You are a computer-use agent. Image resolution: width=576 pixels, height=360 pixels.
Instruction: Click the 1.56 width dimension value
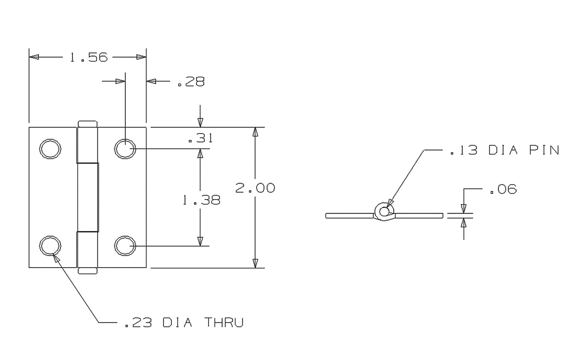tap(88, 57)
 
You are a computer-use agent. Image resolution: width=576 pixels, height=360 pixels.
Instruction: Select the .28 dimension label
tap(191, 82)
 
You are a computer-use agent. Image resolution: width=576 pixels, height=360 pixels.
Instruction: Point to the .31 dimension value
tap(200, 138)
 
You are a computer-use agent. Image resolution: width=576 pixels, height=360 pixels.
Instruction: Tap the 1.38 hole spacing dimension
tap(201, 200)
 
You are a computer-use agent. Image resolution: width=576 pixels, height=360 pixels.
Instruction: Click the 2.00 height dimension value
tap(255, 188)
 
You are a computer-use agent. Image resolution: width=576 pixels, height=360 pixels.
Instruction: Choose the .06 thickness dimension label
tap(503, 189)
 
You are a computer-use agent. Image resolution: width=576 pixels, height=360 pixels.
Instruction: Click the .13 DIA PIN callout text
tap(505, 150)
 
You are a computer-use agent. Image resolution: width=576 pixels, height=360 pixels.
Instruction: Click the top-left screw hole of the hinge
tap(50, 149)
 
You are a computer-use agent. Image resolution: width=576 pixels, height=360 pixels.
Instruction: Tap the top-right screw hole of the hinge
tap(125, 149)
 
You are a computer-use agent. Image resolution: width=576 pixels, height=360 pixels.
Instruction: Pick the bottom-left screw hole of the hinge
tap(50, 246)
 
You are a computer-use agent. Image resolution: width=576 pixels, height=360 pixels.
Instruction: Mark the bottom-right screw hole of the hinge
tap(125, 246)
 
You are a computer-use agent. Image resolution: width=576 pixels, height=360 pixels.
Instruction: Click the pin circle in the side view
tap(384, 211)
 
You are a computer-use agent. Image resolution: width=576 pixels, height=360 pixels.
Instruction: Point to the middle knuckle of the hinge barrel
tap(88, 197)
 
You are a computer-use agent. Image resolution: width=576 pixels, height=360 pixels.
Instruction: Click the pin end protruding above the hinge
tap(88, 124)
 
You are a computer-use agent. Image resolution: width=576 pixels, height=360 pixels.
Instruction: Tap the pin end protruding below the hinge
tap(88, 271)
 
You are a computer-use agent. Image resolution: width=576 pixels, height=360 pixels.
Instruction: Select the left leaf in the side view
tap(349, 216)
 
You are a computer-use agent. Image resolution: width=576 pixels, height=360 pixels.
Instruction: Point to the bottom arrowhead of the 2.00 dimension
tap(256, 263)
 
